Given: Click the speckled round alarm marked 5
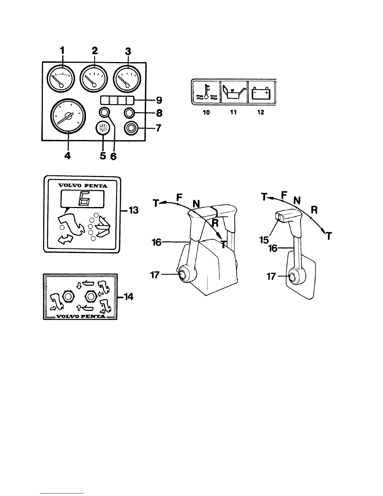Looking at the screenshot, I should point(103,128).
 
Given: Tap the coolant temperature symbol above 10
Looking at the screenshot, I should point(206,91).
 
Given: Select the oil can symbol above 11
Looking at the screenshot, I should point(233,92).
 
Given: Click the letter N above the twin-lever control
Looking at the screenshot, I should point(196,204).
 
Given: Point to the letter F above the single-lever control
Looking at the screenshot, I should point(283,195).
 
